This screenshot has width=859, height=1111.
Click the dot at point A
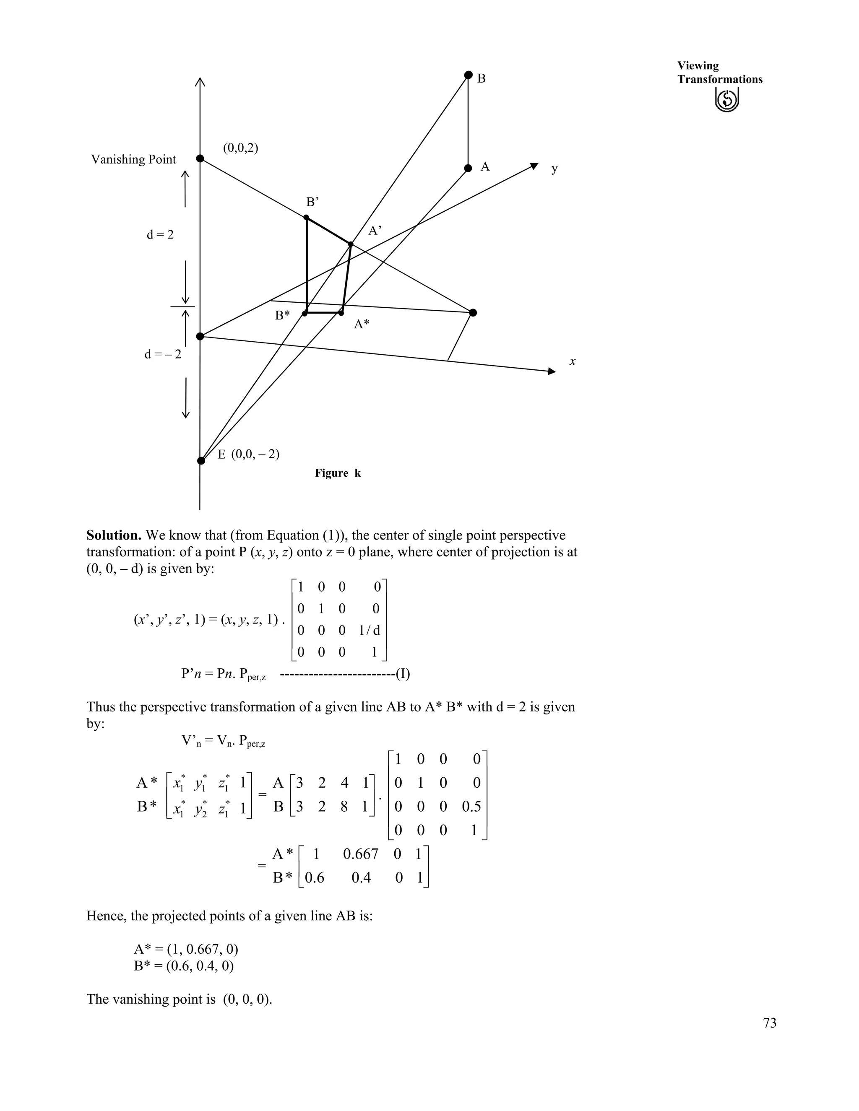[x=468, y=169]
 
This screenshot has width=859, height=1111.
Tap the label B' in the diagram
[x=312, y=202]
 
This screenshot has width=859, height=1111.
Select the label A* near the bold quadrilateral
[x=362, y=324]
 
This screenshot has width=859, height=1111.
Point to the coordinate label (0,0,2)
[x=241, y=148]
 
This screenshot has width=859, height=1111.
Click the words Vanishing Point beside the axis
[x=133, y=160]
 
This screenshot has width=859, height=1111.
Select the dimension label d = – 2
[x=162, y=355]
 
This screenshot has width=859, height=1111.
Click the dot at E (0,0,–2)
[x=201, y=461]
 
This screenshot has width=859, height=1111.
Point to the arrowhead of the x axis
[x=552, y=371]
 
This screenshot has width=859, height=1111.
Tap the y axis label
[x=554, y=169]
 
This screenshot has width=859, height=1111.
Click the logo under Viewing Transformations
[x=727, y=100]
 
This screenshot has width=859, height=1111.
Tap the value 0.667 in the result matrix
[x=361, y=854]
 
